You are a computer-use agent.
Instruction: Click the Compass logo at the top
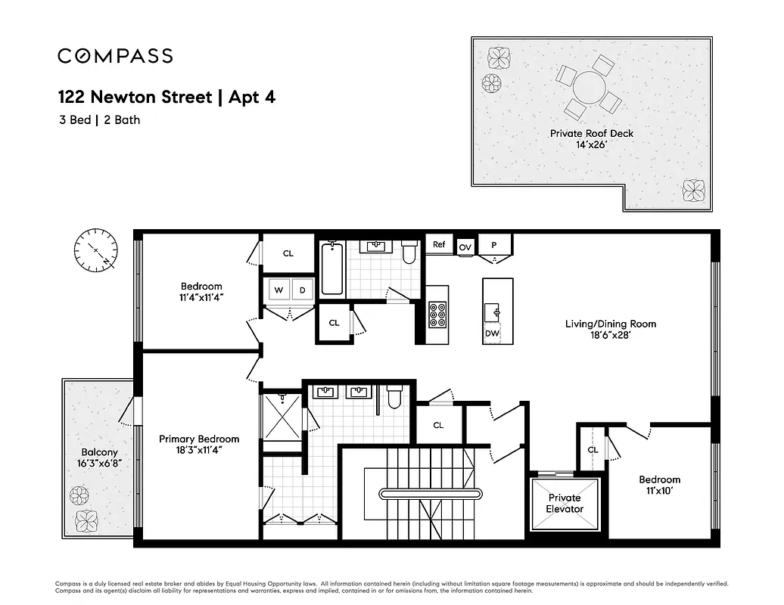point(115,56)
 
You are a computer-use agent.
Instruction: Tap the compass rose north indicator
point(96,250)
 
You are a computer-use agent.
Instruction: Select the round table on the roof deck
point(589,88)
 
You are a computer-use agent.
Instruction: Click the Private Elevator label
point(565,503)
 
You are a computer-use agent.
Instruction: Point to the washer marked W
point(278,290)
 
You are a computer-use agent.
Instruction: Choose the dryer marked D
point(302,290)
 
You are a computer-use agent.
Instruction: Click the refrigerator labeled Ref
point(439,244)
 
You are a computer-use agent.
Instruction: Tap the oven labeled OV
point(465,247)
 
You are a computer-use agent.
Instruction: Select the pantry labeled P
point(494,245)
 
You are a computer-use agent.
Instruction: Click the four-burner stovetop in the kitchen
point(437,314)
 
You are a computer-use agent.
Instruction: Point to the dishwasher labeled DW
point(492,333)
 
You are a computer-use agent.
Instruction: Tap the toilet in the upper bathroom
point(409,253)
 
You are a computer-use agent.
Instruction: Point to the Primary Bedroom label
point(199,439)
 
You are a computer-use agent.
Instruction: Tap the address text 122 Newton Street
point(134,98)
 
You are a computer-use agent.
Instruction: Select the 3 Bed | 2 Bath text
point(99,119)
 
